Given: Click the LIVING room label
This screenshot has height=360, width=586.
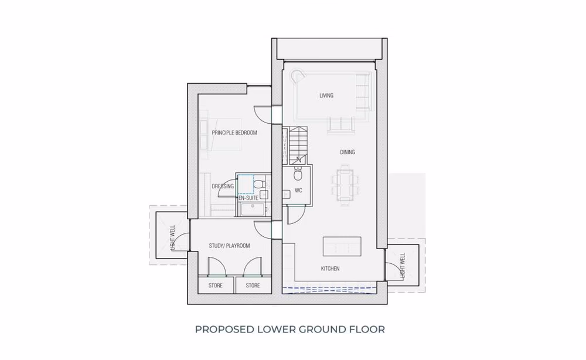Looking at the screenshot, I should [326, 96].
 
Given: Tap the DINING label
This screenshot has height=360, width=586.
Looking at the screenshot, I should [347, 152].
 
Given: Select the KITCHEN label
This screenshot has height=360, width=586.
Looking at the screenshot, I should [331, 269].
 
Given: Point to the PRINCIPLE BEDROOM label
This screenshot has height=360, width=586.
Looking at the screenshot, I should [234, 133].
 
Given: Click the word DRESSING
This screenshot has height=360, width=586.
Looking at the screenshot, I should [223, 186].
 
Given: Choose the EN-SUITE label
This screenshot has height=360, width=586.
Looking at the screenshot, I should [248, 198].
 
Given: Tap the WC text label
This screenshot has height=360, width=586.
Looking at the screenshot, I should [298, 191].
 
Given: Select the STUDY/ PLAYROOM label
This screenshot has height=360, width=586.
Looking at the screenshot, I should [230, 246].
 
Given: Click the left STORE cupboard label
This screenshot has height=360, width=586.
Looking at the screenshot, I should [216, 286].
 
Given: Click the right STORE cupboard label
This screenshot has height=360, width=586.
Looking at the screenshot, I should [253, 286].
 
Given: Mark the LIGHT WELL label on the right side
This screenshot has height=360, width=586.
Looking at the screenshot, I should [402, 266].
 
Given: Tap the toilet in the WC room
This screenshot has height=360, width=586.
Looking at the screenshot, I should [298, 174].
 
